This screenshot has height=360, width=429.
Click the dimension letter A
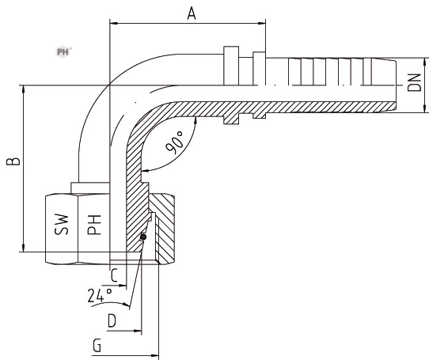click(x=192, y=13)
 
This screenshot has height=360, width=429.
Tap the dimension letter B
click(x=13, y=161)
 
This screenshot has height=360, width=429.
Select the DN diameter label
click(x=415, y=82)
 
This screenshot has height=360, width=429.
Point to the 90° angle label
click(x=174, y=142)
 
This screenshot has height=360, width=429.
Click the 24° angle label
click(x=100, y=295)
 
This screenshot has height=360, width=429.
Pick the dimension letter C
click(x=114, y=275)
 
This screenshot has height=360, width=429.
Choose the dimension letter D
click(x=112, y=320)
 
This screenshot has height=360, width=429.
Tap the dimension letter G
click(x=97, y=345)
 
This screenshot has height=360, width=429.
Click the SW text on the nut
click(x=61, y=225)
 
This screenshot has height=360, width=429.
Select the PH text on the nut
click(x=94, y=225)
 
